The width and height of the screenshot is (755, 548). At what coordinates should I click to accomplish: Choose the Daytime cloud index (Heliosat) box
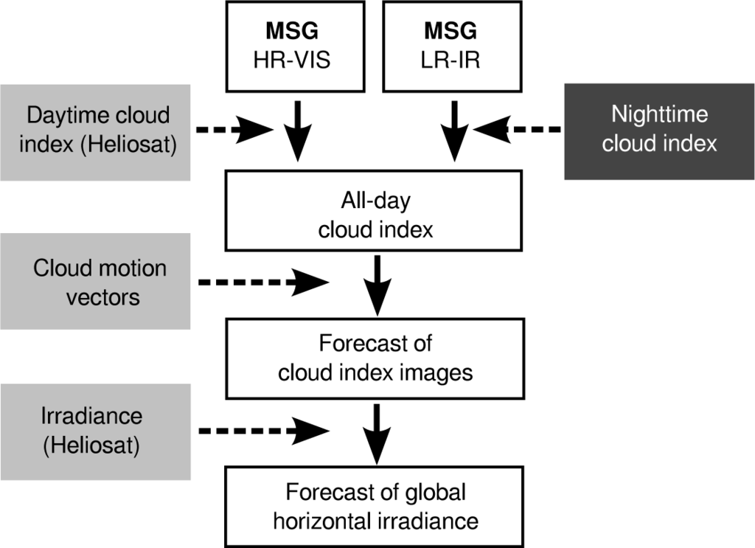click(x=95, y=131)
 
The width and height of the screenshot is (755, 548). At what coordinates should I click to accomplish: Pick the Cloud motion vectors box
click(x=95, y=281)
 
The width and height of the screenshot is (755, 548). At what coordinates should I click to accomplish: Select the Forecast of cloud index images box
click(x=376, y=358)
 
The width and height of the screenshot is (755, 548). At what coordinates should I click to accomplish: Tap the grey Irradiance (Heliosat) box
click(x=95, y=429)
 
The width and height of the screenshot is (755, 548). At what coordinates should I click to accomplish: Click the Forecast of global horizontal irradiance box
click(x=376, y=506)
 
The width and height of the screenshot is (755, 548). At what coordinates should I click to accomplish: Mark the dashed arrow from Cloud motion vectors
click(x=262, y=281)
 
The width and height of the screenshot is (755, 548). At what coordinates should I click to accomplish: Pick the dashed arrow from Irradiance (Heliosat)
click(x=262, y=429)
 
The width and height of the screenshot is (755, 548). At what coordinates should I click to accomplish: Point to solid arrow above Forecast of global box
click(x=377, y=434)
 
